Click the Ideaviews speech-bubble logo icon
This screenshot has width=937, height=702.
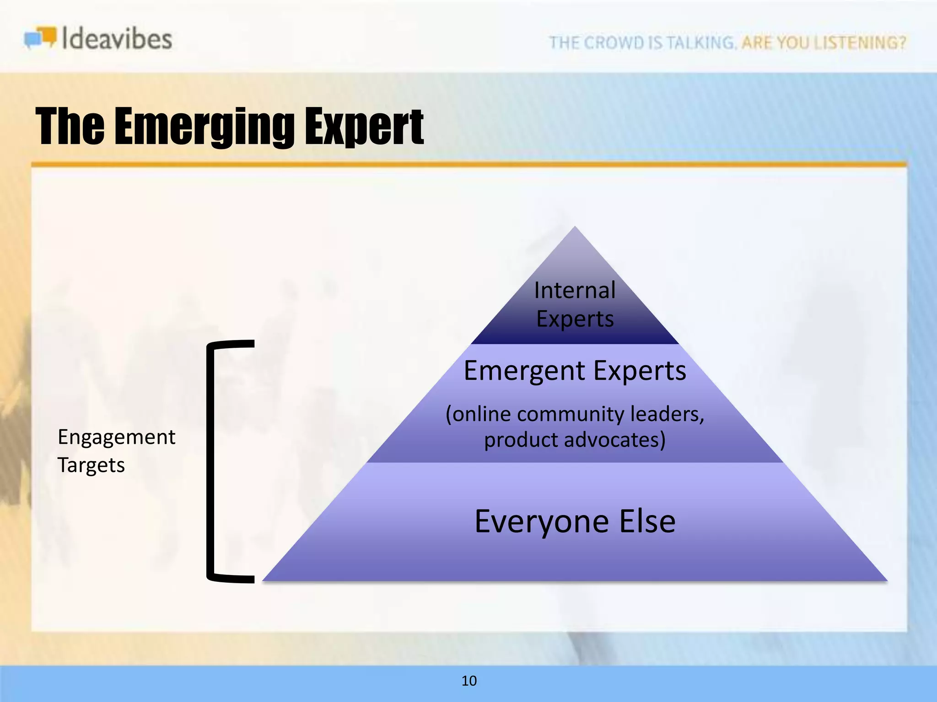pyautogui.click(x=40, y=37)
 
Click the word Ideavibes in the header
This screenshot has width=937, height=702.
pyautogui.click(x=117, y=38)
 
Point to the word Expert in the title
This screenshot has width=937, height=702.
pyautogui.click(x=364, y=127)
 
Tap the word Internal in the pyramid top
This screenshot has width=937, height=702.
pyautogui.click(x=575, y=291)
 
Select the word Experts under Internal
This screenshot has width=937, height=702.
pyautogui.click(x=575, y=319)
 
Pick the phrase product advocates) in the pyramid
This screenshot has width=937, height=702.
pyautogui.click(x=575, y=440)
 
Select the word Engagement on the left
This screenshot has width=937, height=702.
pyautogui.click(x=116, y=437)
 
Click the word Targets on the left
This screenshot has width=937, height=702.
pyautogui.click(x=91, y=465)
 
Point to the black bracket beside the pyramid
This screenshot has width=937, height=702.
pyautogui.click(x=211, y=462)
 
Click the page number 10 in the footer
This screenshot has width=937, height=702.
pyautogui.click(x=469, y=681)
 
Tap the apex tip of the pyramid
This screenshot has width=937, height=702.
pyautogui.click(x=575, y=229)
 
